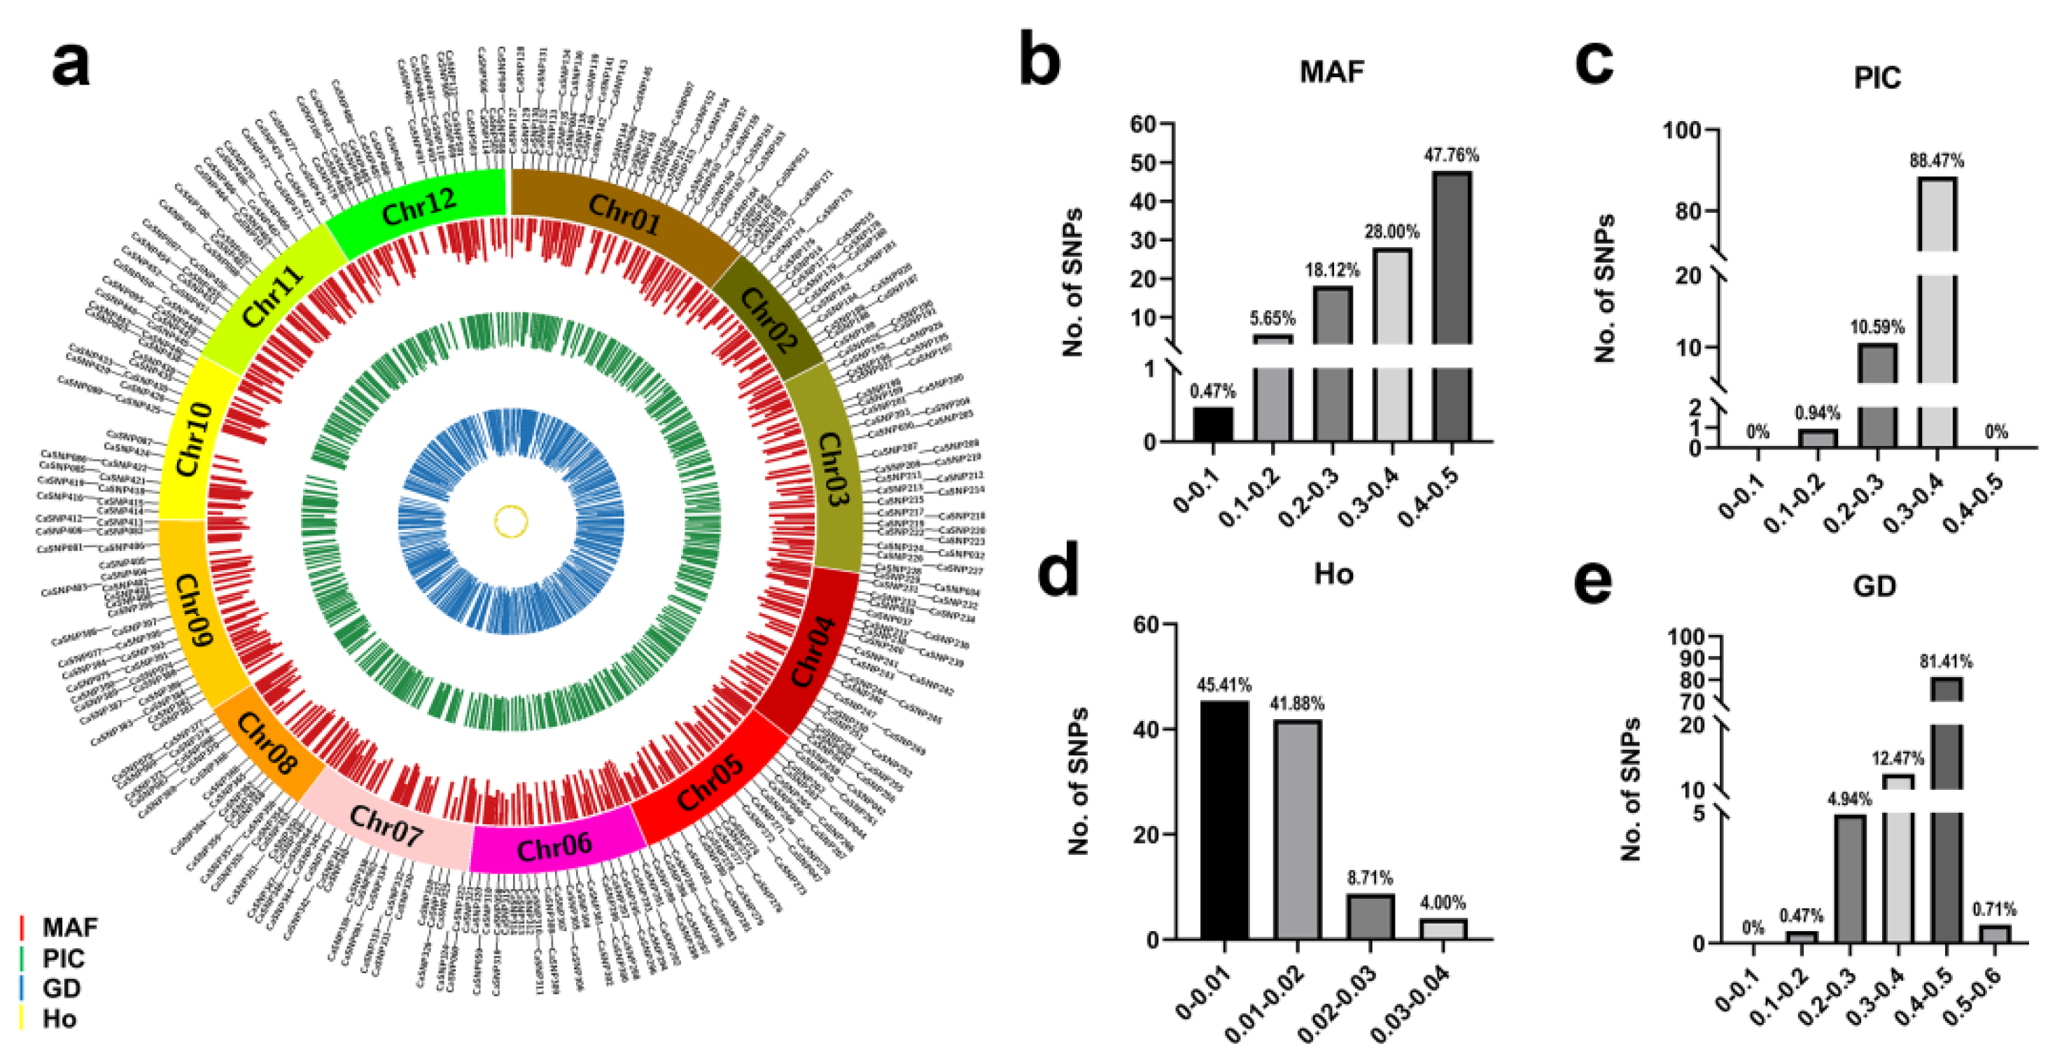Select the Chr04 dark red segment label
pos(812,650)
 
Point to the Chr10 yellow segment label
pos(194,440)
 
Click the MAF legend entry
pos(69,927)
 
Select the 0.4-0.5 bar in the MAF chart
pos(1452,303)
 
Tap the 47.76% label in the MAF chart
pos(1451,155)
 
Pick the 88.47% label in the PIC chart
pos(1936,160)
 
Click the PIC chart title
pos(1877,78)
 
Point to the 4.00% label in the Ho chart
pos(1443,902)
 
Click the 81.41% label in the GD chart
pos(1946,662)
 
